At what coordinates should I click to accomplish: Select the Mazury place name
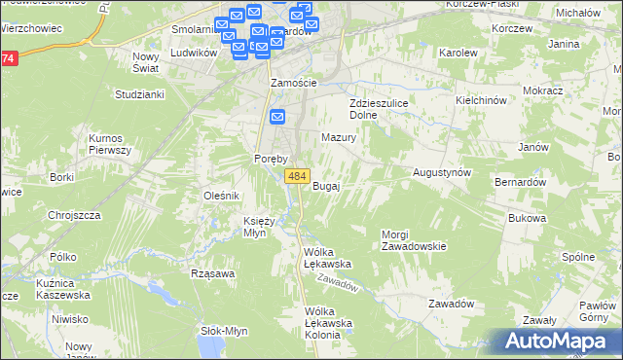(x=339, y=138)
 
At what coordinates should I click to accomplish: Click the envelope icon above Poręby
(x=277, y=119)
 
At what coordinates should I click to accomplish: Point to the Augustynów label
(x=443, y=171)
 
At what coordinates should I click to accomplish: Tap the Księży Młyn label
(x=264, y=227)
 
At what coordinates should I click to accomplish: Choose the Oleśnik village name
(x=221, y=196)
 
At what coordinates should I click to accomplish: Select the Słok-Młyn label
(x=223, y=330)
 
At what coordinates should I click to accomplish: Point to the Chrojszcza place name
(x=75, y=215)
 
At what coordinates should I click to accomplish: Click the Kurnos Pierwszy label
(x=110, y=144)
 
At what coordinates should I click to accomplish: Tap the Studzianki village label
(x=139, y=95)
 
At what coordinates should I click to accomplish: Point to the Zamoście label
(x=295, y=83)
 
